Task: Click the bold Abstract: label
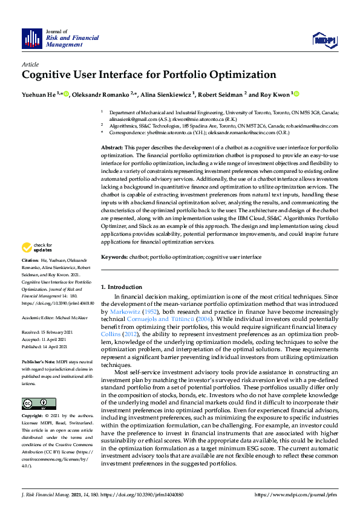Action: point(112,148)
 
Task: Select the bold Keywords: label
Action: point(114,257)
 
